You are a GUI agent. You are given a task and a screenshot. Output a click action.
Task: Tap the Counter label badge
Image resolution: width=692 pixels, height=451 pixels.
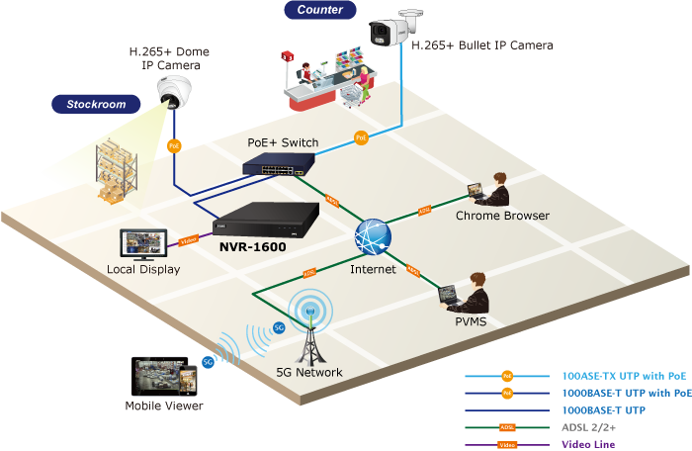(320, 11)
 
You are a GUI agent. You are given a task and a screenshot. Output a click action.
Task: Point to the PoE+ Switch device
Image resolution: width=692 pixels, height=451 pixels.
(282, 163)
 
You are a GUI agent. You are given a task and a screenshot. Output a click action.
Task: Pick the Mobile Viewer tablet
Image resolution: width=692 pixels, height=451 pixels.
(163, 376)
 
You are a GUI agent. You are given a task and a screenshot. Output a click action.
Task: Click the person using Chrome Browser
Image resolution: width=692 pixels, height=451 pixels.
(490, 189)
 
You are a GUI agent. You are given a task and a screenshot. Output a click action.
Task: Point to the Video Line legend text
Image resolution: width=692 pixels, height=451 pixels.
(588, 445)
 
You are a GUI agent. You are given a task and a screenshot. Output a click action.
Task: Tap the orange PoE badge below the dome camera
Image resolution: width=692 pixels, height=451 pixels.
(175, 146)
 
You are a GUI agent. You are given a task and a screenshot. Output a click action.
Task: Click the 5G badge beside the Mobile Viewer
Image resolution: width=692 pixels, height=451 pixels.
(209, 362)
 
